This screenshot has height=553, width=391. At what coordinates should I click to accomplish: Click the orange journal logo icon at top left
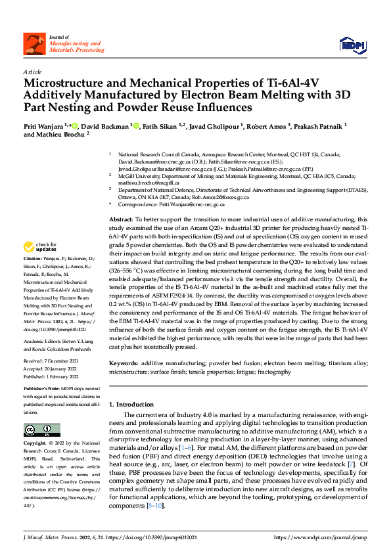tap(34, 44)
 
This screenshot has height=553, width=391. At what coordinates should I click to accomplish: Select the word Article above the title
tap(32, 72)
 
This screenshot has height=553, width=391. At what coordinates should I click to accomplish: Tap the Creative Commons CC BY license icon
tap(37, 430)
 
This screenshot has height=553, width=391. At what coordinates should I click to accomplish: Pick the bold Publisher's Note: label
tap(42, 388)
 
